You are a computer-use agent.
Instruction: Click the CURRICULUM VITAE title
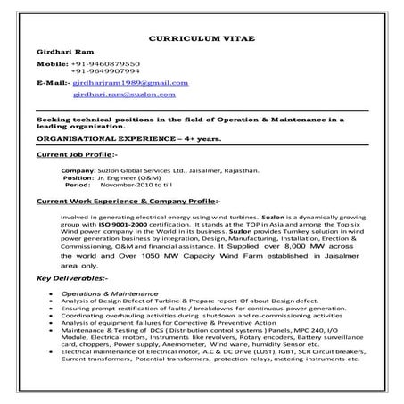202,42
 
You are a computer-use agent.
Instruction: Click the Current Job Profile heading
76,155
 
